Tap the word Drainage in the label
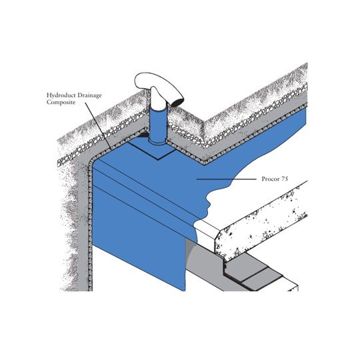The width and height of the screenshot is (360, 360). [x=89, y=95]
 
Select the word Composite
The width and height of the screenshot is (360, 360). [x=61, y=102]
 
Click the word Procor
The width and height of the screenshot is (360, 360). [x=271, y=179]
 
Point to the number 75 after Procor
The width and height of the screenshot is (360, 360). [x=285, y=179]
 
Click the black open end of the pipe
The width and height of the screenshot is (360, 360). [x=178, y=102]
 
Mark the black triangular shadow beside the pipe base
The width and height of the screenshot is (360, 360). [x=143, y=135]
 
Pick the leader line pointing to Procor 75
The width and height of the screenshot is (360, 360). [x=226, y=179]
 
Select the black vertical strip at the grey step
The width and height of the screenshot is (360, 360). [x=225, y=268]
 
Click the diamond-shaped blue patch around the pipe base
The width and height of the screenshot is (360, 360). [x=153, y=149]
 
